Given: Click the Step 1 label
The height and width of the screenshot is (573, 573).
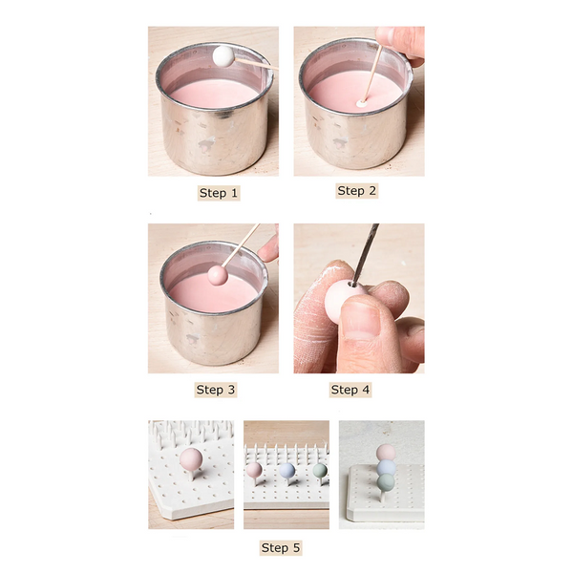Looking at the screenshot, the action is pyautogui.click(x=219, y=193).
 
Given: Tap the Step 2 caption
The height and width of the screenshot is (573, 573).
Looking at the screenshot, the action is pyautogui.click(x=356, y=191).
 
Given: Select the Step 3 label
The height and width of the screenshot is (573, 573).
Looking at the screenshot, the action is pyautogui.click(x=216, y=390).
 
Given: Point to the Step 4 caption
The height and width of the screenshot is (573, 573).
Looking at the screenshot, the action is pyautogui.click(x=350, y=390).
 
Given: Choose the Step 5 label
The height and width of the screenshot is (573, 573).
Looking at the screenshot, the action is pyautogui.click(x=281, y=548).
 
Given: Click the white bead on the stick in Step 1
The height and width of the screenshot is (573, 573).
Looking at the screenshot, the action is pyautogui.click(x=223, y=56).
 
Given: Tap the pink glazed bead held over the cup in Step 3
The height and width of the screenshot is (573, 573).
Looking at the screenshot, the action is pyautogui.click(x=218, y=276).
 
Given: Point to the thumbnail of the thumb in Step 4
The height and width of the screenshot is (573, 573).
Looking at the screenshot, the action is pyautogui.click(x=361, y=319).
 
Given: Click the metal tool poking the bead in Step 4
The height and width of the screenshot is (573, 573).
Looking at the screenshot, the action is pyautogui.click(x=365, y=254).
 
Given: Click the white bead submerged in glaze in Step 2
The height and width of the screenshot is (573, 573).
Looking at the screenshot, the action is pyautogui.click(x=361, y=104).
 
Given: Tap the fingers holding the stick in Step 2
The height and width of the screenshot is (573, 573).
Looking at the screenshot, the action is pyautogui.click(x=402, y=44).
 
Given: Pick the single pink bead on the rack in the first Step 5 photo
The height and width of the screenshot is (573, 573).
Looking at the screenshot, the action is pyautogui.click(x=191, y=459).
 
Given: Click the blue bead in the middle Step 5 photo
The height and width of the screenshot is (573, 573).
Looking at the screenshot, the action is pyautogui.click(x=286, y=471).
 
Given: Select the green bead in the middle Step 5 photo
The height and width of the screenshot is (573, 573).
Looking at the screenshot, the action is pyautogui.click(x=320, y=471).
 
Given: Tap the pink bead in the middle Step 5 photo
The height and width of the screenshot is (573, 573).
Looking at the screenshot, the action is pyautogui.click(x=254, y=470).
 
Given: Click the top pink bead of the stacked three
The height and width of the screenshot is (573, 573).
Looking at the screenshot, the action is pyautogui.click(x=386, y=453).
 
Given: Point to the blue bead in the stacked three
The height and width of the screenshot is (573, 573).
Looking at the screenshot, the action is pyautogui.click(x=386, y=468).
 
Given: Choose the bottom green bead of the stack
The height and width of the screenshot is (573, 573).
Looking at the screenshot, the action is pyautogui.click(x=386, y=482).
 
